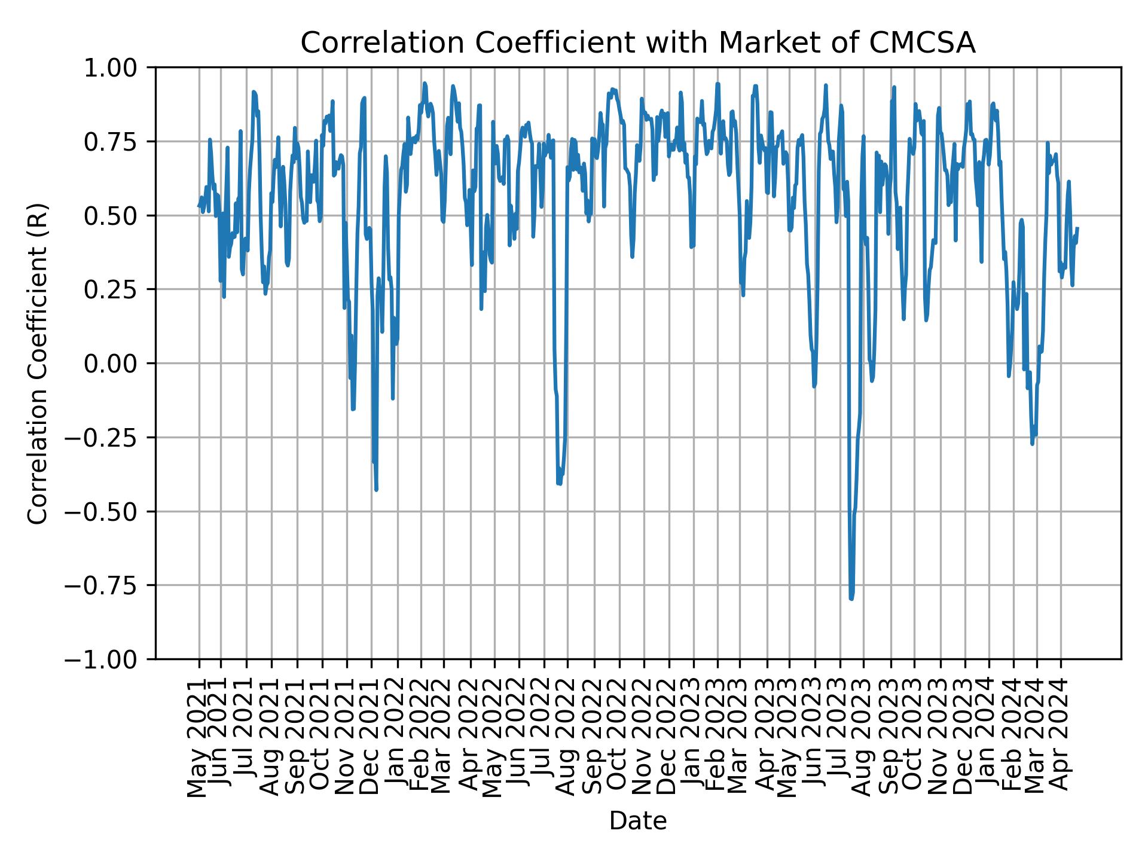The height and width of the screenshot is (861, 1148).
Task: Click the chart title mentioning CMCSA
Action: point(637,43)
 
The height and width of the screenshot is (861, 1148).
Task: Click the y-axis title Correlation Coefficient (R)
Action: point(38,364)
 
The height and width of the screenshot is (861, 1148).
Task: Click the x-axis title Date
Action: point(637,821)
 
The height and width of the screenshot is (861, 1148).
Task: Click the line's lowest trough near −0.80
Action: point(851,598)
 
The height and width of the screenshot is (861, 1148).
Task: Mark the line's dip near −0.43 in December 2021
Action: point(376,490)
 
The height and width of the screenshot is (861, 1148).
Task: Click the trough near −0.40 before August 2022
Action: point(559,483)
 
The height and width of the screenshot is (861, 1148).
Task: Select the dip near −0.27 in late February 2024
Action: point(1033,443)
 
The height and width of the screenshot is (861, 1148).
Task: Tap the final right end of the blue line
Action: point(1077,228)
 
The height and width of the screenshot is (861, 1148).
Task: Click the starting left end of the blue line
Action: point(199,206)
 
